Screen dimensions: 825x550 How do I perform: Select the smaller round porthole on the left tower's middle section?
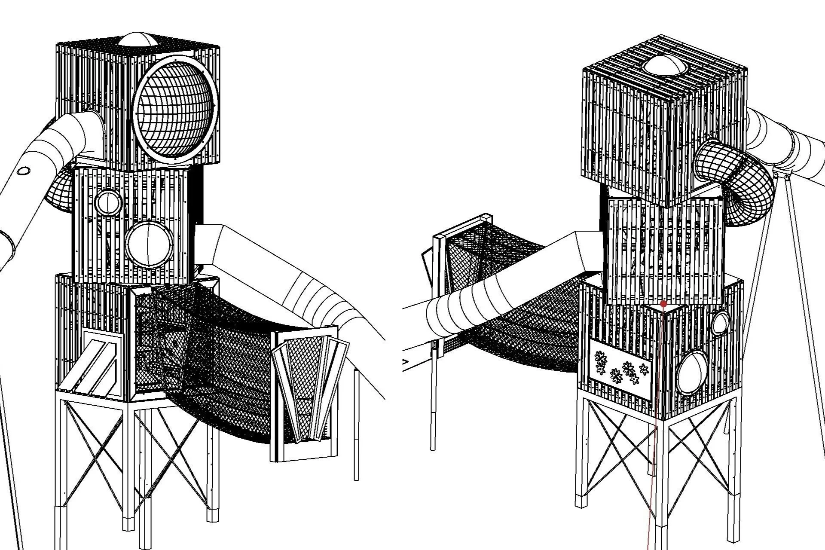(109, 202)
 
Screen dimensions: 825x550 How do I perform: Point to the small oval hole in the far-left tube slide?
(24, 171)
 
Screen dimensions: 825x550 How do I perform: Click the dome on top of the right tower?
(664, 67)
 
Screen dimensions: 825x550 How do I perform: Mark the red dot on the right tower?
(663, 304)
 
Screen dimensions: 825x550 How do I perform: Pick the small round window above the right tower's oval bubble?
(721, 323)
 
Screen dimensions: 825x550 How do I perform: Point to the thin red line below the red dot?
(653, 473)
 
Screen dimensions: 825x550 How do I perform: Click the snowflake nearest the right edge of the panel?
(643, 369)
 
